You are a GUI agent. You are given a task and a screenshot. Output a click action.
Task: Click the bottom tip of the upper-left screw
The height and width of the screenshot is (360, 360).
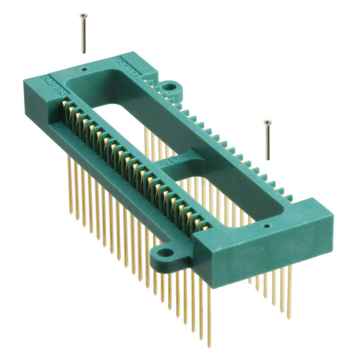[84, 52]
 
